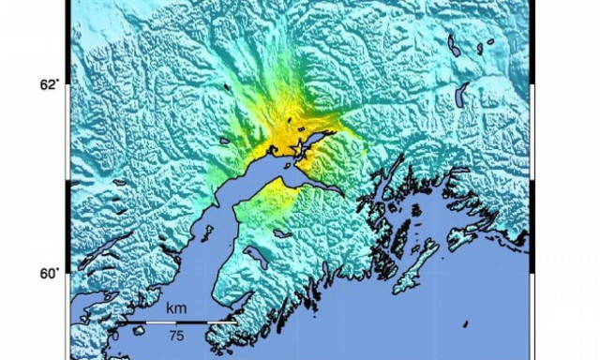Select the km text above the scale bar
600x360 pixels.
point(175,307)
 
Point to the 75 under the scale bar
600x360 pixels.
point(174,335)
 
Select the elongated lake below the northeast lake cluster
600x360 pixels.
point(461,94)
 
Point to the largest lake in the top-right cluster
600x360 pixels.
point(455,45)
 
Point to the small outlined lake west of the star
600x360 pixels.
point(224,142)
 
